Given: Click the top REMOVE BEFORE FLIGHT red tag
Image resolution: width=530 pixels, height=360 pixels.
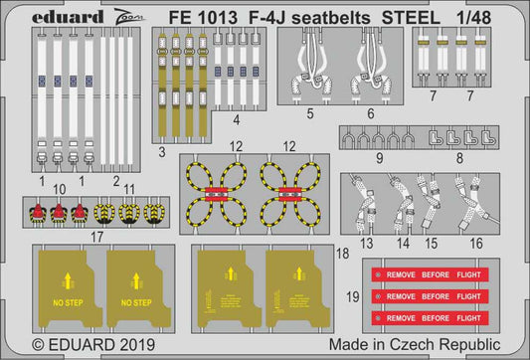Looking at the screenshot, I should (428, 271).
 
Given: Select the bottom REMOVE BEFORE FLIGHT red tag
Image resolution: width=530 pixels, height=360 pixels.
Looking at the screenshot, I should (428, 317).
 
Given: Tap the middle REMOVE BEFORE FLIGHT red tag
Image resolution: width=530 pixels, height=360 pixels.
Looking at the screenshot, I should (428, 295).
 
